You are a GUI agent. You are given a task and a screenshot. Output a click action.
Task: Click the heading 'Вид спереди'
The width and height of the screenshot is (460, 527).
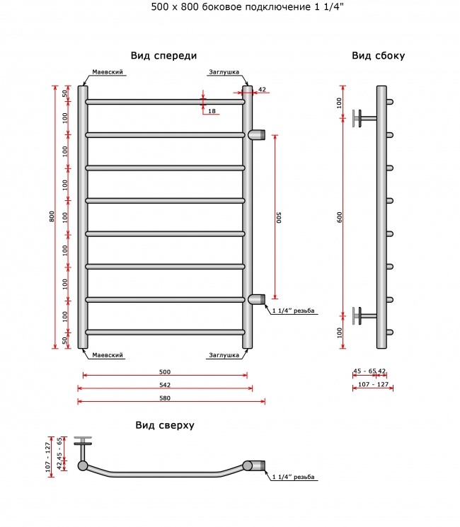point(163,56)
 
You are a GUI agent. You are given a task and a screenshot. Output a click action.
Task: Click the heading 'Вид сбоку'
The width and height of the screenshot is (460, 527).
point(379,56)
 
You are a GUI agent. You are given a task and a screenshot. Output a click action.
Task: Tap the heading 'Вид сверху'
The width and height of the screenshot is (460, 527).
point(165,425)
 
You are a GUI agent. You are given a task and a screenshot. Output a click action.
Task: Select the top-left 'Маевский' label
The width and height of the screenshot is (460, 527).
point(108,72)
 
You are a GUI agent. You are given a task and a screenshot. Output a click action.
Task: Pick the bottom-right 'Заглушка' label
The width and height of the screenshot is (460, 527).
point(224,355)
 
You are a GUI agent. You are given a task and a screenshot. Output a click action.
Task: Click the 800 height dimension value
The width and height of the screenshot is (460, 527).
point(52,216)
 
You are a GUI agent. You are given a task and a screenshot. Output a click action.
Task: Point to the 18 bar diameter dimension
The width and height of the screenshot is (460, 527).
point(212,111)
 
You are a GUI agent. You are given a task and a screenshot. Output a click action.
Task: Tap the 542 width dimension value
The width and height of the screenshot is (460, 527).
point(165,385)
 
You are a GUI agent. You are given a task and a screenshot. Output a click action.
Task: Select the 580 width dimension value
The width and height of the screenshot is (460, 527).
point(165,398)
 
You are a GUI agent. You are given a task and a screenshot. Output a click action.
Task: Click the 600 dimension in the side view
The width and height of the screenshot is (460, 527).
point(340,217)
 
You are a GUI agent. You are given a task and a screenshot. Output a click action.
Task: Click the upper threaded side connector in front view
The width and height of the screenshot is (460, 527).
point(257,135)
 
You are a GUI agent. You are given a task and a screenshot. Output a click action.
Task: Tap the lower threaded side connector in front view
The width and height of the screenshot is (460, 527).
point(257,299)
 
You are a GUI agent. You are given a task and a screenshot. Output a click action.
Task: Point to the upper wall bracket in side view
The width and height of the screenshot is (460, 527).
point(364,118)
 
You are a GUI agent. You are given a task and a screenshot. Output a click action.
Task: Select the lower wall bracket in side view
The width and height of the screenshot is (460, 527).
point(364,315)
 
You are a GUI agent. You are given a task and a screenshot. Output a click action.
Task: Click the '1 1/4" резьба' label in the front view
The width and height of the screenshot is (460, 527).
point(293,311)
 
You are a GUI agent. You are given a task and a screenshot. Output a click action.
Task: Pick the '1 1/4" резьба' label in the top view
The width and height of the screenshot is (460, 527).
point(293,477)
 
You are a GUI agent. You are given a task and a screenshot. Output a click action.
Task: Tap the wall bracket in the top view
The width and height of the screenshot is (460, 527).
point(83,448)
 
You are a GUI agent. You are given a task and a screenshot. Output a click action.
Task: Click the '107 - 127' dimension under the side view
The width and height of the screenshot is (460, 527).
point(373,384)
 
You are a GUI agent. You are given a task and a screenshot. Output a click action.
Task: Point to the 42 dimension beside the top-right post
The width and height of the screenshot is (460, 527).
point(262,89)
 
